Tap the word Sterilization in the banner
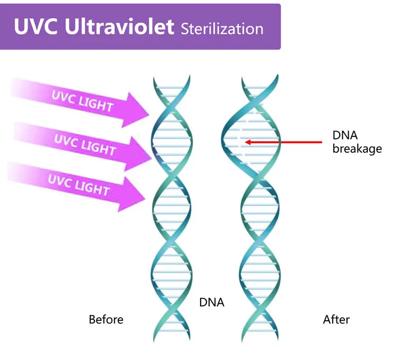[222, 28]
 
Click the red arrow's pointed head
[247, 142]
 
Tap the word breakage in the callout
[357, 148]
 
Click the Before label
[106, 320]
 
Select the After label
[336, 320]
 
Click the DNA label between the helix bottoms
[212, 303]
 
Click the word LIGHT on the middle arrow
[99, 148]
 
